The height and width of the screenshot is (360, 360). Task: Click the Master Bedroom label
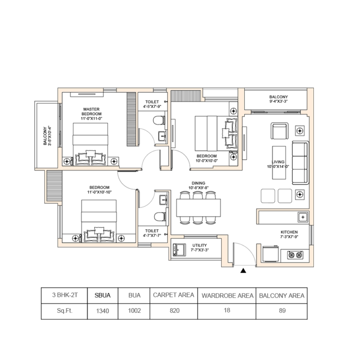pos(91,112)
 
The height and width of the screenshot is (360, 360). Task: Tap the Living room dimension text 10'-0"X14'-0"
pos(278,167)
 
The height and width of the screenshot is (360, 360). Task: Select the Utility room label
pos(199,245)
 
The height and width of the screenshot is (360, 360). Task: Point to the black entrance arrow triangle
pos(243,270)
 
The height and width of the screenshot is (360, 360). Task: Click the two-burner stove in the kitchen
pos(295,255)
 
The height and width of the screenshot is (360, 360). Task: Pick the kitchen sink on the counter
pos(303,217)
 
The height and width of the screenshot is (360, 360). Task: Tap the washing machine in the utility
pos(180,250)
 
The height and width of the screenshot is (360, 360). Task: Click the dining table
pos(198,208)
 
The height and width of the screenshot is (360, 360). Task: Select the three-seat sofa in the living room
pos(300,163)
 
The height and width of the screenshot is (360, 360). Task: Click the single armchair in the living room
pos(279,131)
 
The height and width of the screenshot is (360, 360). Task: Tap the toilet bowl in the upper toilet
pos(159,120)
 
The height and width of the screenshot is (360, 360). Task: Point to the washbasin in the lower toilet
pos(163,200)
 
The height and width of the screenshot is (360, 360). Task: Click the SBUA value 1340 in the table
pos(102,311)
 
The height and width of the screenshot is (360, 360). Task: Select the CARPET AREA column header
pos(174,295)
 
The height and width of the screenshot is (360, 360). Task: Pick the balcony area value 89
pos(282,311)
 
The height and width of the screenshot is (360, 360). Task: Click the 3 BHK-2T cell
pos(65,295)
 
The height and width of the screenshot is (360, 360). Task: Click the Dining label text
pos(198,183)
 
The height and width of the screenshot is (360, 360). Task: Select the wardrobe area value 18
pos(227,311)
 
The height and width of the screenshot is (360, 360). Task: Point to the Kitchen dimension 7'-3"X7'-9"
pos(289,237)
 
